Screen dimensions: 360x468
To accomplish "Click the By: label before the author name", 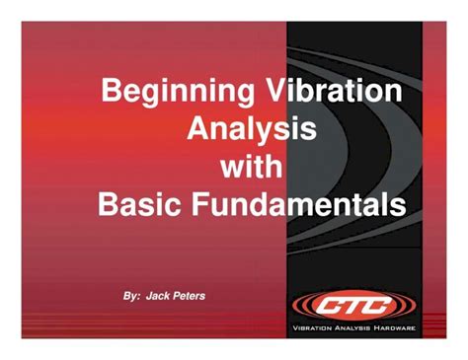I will (x=130, y=295).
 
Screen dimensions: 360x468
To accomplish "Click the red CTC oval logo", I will (x=352, y=303).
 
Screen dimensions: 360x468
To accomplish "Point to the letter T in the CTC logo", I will (x=352, y=303).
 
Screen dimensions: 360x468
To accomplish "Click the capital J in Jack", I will (x=149, y=295).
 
